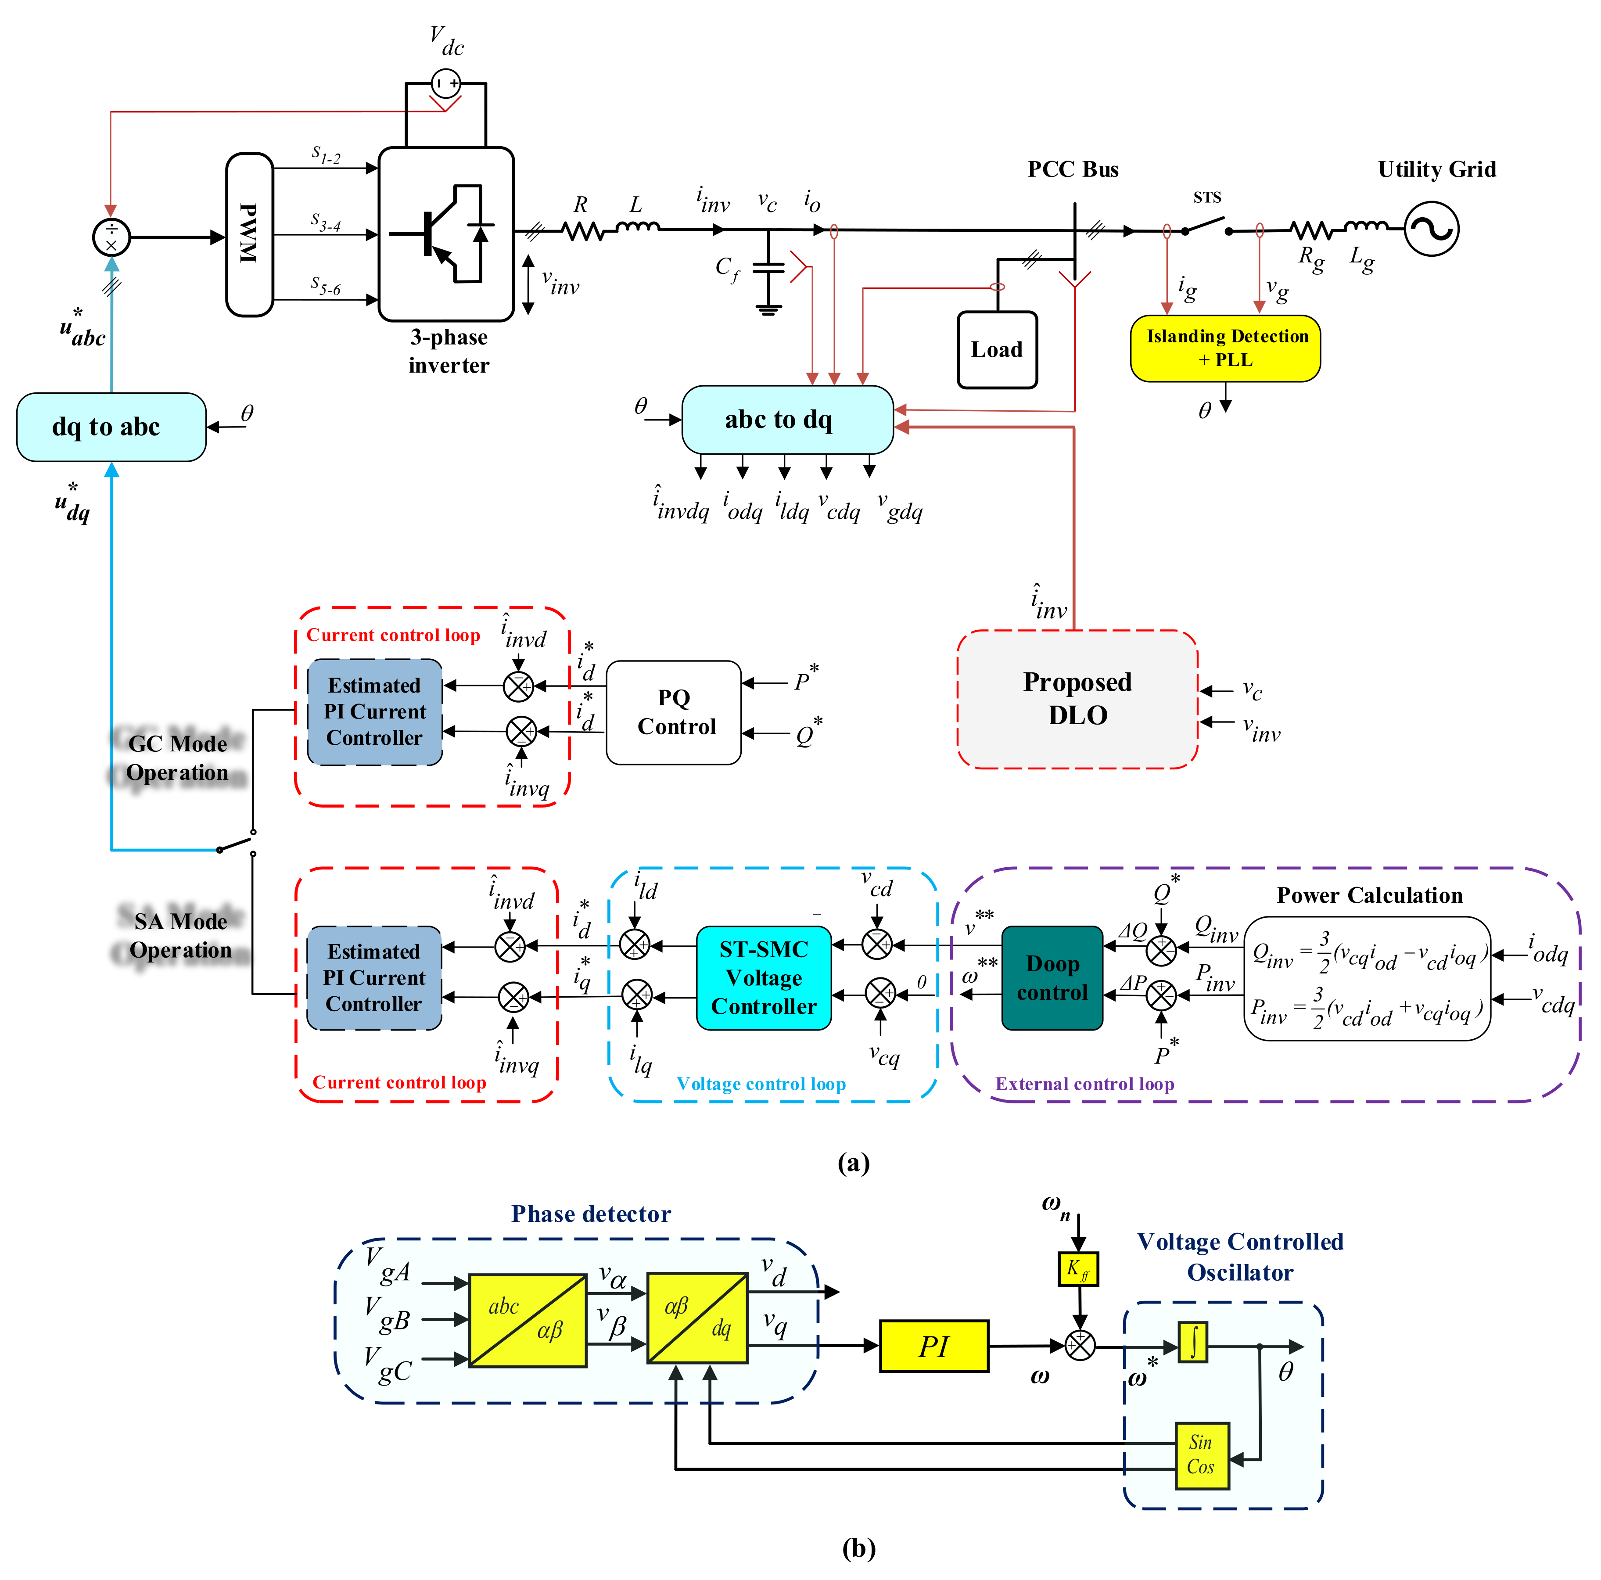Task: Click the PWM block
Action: [249, 234]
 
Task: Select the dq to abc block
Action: [111, 427]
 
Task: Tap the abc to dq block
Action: [787, 419]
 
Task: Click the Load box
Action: [997, 350]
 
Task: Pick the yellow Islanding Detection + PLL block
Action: [1226, 348]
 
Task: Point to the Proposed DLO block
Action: [1077, 699]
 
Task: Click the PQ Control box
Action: [674, 712]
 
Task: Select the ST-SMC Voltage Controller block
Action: [764, 978]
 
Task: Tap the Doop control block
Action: [1052, 978]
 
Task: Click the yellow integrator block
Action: [1192, 1341]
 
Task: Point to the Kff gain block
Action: [1078, 1268]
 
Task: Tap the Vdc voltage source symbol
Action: [446, 83]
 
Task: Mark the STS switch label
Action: [1207, 197]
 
